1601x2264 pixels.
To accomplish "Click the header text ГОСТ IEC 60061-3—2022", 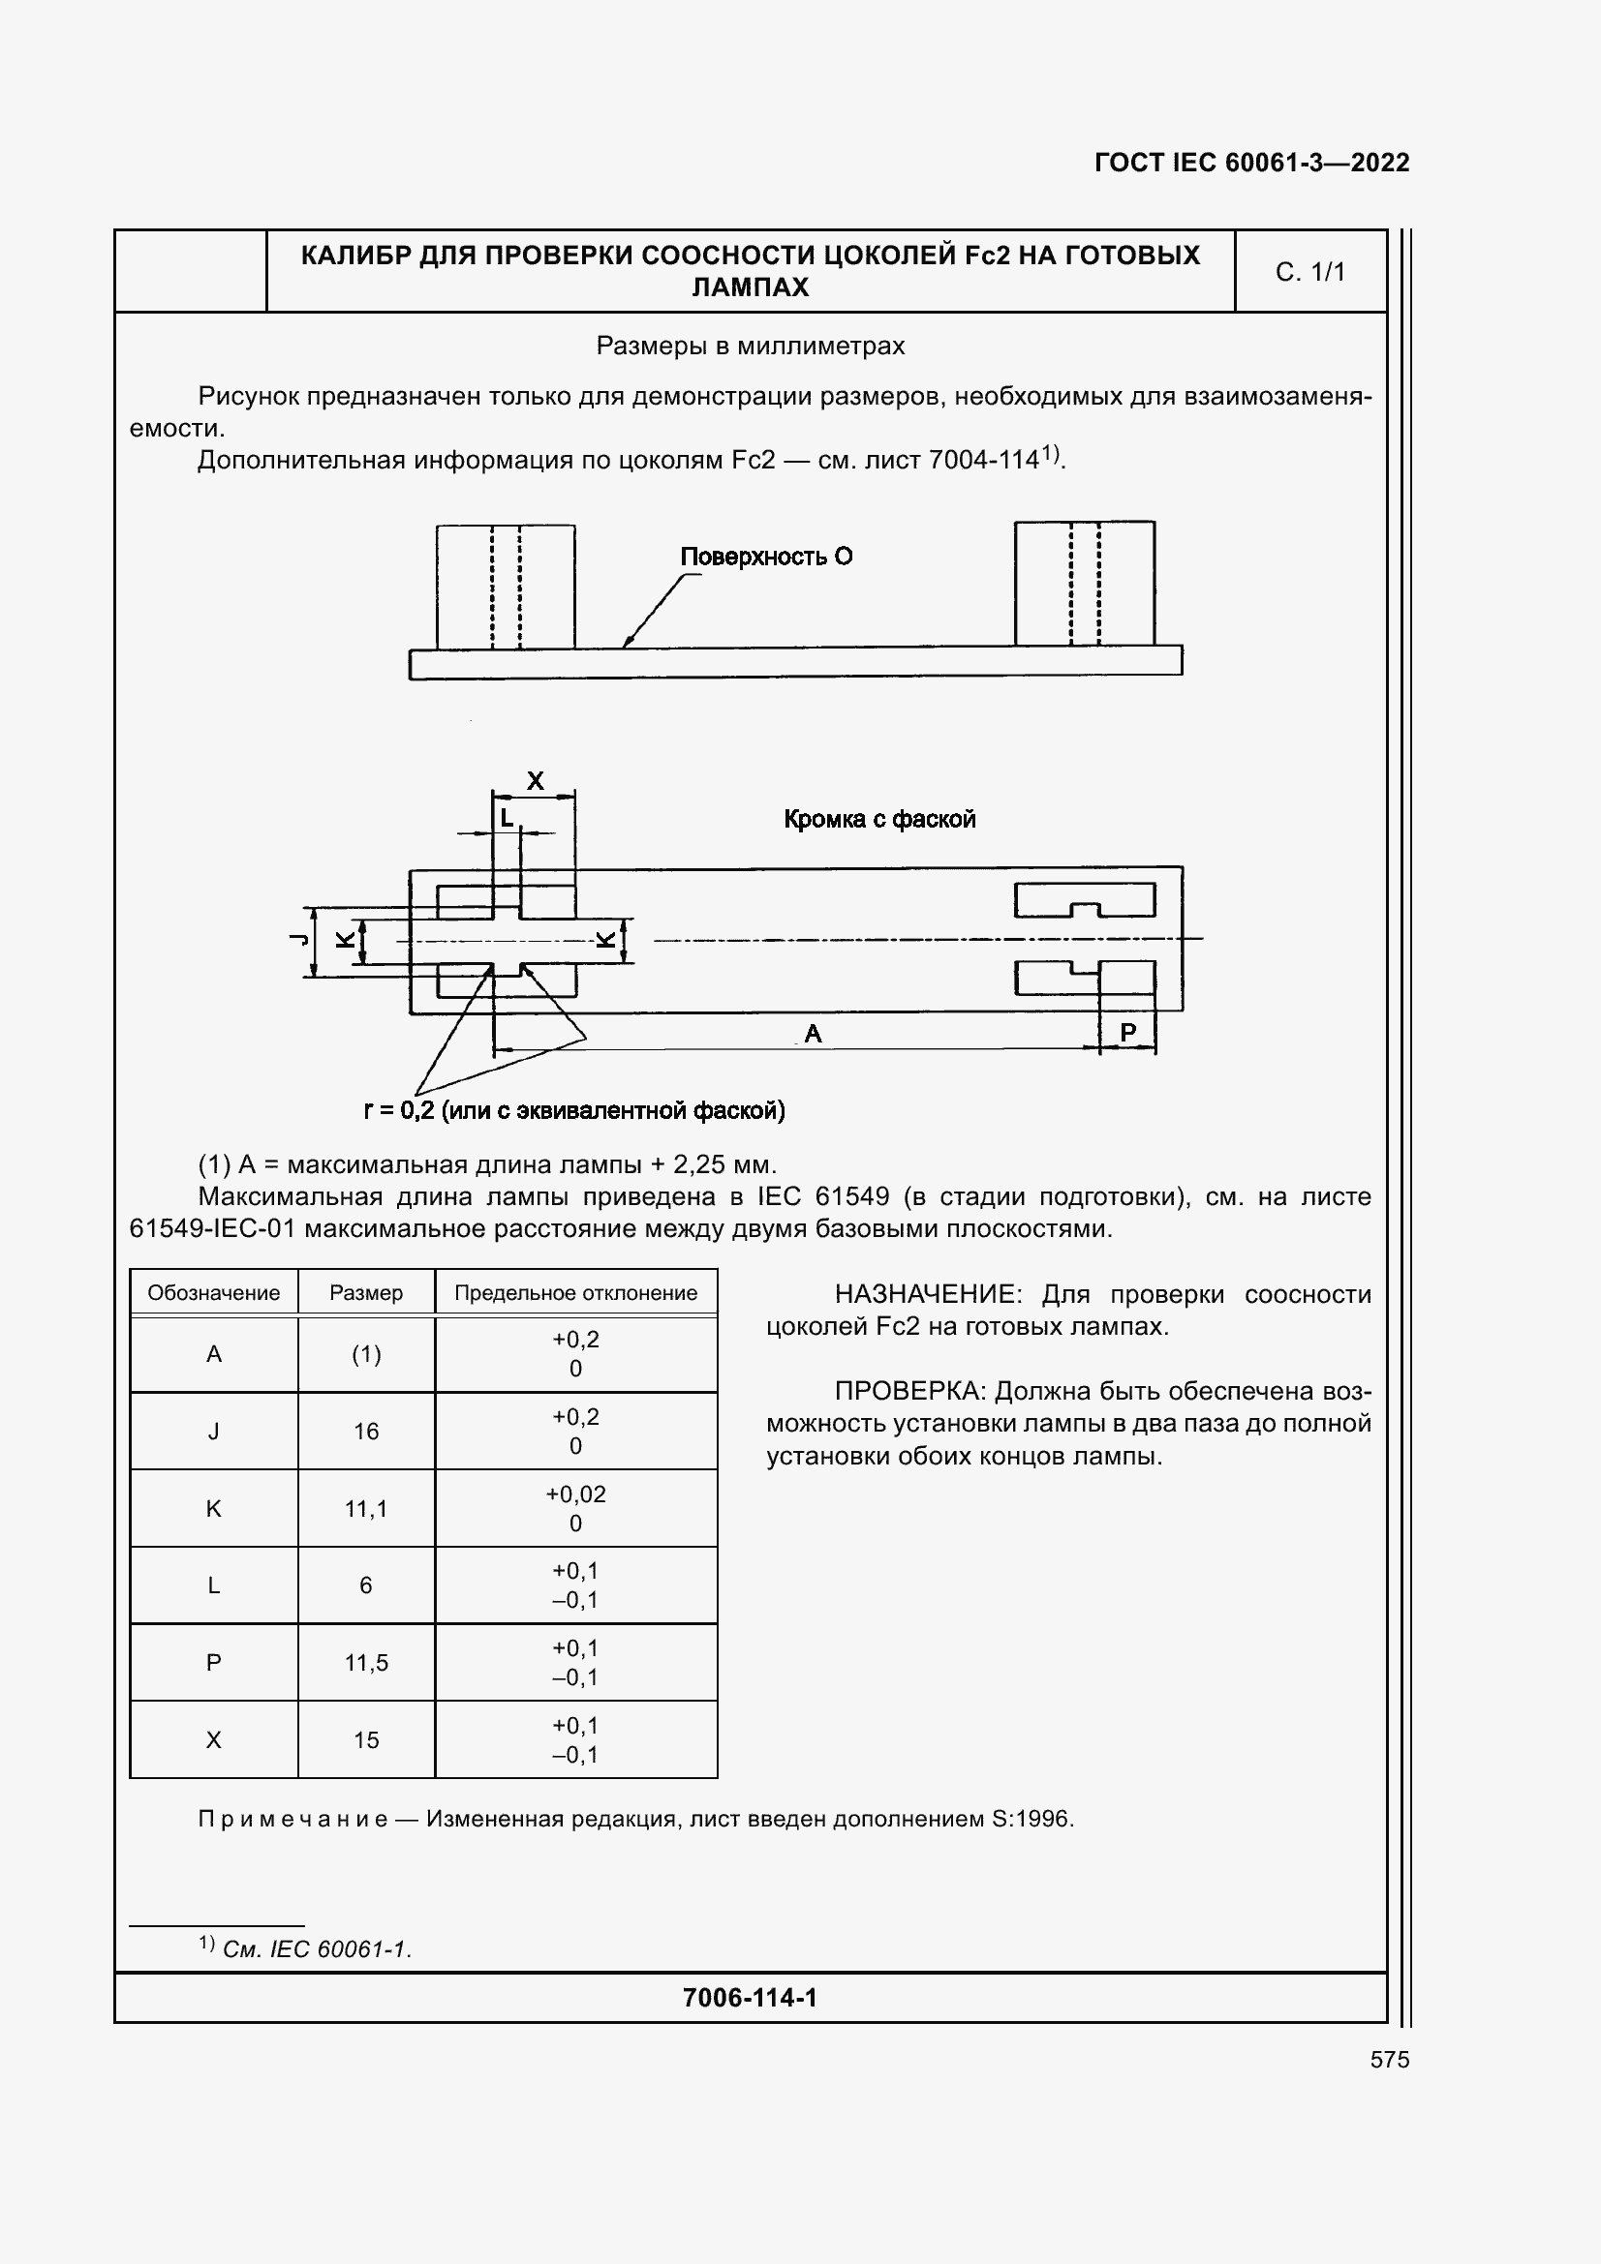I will [x=1250, y=163].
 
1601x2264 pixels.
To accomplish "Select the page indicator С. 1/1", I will [x=1309, y=272].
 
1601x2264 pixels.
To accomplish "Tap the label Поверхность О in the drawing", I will [x=765, y=558].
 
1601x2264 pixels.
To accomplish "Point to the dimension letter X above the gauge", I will [x=535, y=781].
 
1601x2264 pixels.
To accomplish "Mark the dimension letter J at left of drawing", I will [x=297, y=939].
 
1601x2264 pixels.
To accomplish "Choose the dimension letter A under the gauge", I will [x=813, y=1034].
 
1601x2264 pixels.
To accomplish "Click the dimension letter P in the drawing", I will [x=1127, y=1032].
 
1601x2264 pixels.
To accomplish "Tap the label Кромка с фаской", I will [x=878, y=820].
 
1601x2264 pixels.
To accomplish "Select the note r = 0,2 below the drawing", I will [x=574, y=1111].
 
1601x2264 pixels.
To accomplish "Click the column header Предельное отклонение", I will [x=575, y=1293].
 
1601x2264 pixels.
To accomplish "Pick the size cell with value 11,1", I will [x=366, y=1509].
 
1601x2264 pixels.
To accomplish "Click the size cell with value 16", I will [x=366, y=1432].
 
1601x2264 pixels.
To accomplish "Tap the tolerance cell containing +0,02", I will [x=575, y=1494].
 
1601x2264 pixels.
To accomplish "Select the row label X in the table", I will [x=213, y=1740].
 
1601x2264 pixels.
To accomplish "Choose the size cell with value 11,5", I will [x=366, y=1664].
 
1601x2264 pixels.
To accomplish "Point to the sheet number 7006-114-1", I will [x=750, y=1999].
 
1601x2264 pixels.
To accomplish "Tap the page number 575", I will [x=1389, y=2061].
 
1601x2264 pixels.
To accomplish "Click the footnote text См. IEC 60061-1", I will [x=316, y=1950].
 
